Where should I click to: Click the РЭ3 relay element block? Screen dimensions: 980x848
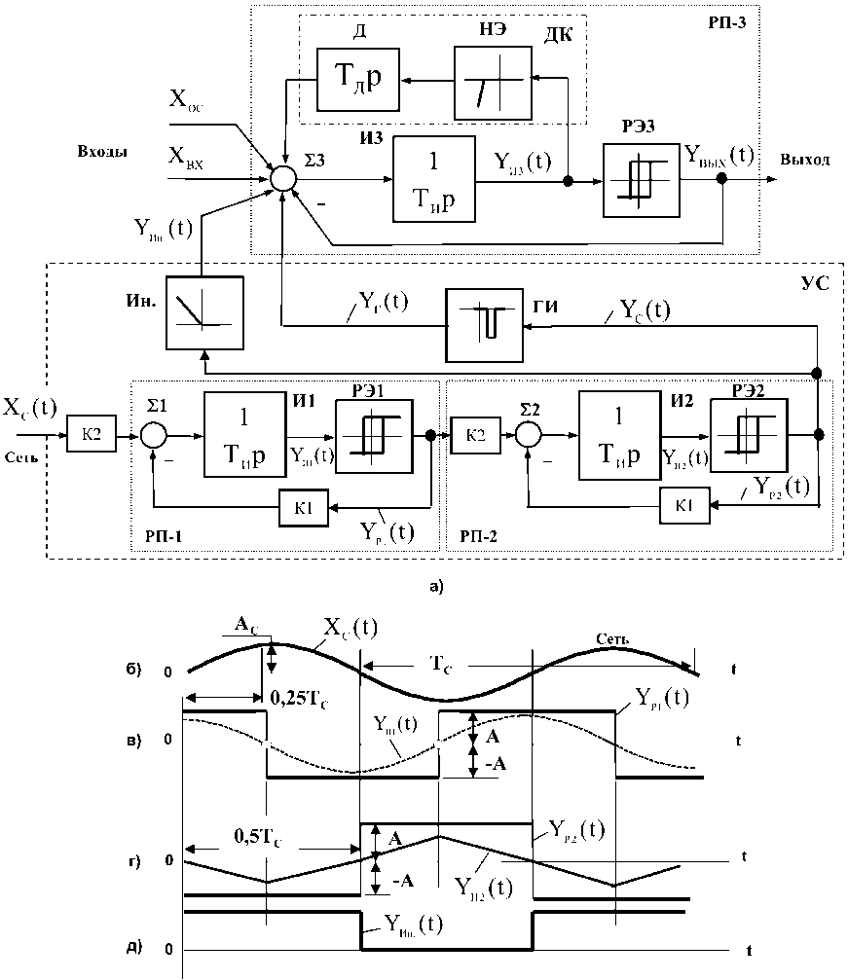click(x=641, y=181)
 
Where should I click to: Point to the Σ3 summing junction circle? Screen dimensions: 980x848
click(x=283, y=178)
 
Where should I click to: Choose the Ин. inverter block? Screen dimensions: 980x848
click(x=204, y=313)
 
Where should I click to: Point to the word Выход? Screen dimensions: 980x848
click(x=804, y=159)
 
